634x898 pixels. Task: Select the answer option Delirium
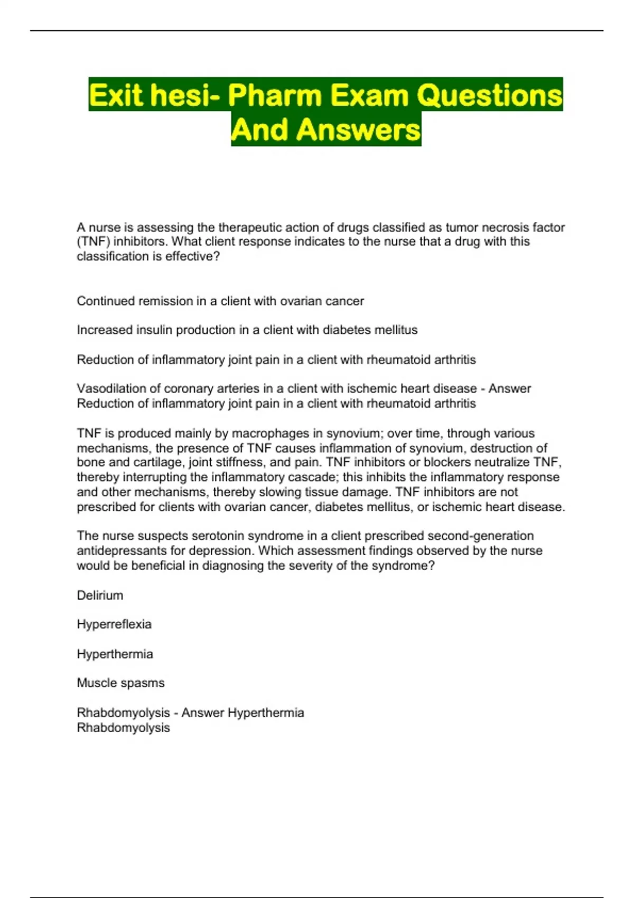pos(100,596)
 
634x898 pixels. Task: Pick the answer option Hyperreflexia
pos(114,624)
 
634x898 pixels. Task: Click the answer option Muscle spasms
pos(120,683)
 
